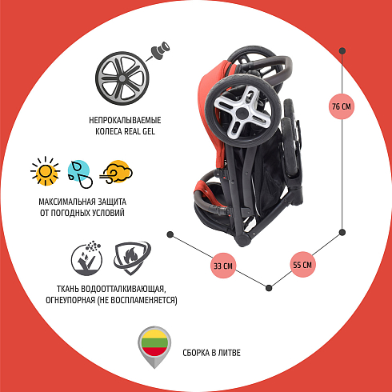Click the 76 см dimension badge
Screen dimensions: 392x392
coord(342,106)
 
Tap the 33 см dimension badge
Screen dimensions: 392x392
coord(223,266)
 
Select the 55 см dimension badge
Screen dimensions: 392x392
coord(302,265)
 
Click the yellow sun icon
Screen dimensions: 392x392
coord(45,171)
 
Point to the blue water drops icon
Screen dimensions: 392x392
coord(80,174)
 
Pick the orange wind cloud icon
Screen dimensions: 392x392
coord(116,172)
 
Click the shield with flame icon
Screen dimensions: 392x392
coord(132,258)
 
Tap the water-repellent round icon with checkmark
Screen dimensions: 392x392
coord(86,258)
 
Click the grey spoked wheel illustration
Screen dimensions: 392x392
coord(122,78)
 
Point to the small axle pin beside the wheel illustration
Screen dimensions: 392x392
coord(160,50)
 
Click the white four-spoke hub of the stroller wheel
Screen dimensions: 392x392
coord(242,113)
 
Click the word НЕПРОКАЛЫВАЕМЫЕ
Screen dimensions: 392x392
coord(125,120)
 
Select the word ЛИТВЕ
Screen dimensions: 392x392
coord(230,353)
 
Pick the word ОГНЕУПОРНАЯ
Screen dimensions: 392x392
coord(70,300)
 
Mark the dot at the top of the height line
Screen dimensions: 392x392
coord(342,50)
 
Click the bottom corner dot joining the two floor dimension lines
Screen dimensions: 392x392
coord(269,288)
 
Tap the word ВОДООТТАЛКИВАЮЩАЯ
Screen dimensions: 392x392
coord(123,289)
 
